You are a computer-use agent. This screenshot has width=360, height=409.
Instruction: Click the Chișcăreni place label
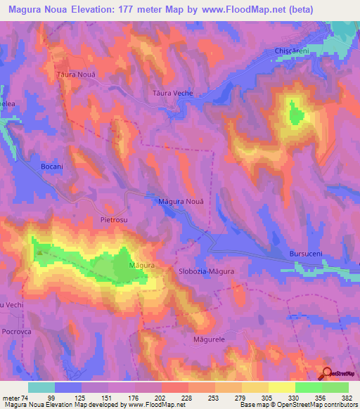coord(292,52)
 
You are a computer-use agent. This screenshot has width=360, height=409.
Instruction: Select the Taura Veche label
coord(172,93)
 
